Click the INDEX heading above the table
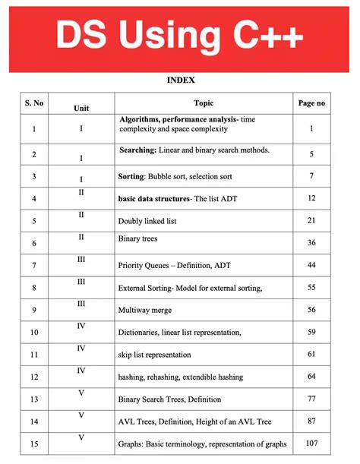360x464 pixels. coord(180,78)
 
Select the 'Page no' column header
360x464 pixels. coord(311,103)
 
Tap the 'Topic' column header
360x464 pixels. coord(204,103)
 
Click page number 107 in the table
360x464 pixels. coord(311,443)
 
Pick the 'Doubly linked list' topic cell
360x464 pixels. coord(148,221)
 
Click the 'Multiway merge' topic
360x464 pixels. coord(144,310)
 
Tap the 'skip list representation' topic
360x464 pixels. coord(154,354)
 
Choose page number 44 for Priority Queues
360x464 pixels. coord(311,265)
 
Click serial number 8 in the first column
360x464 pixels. coord(34,288)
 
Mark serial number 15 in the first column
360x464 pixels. coord(34,443)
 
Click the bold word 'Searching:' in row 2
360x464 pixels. coord(137,150)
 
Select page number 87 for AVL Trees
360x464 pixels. coord(311,421)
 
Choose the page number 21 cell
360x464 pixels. coord(311,221)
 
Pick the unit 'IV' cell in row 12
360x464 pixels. coord(81,370)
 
